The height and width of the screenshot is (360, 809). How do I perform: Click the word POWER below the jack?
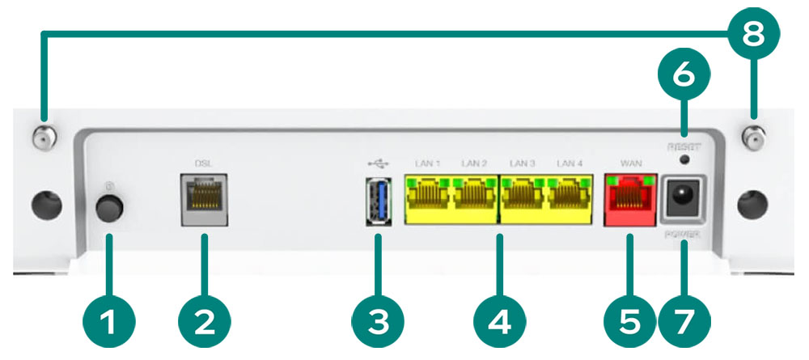[x=684, y=235]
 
